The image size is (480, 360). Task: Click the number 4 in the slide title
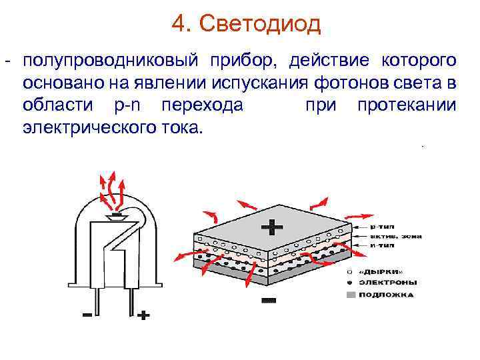tap(178, 24)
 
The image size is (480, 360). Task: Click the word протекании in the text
tap(407, 106)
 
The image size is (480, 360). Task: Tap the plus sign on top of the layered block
tap(272, 228)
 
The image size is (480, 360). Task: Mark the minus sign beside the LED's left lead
tap(87, 315)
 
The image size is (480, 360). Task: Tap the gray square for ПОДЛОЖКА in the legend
tap(351, 294)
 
